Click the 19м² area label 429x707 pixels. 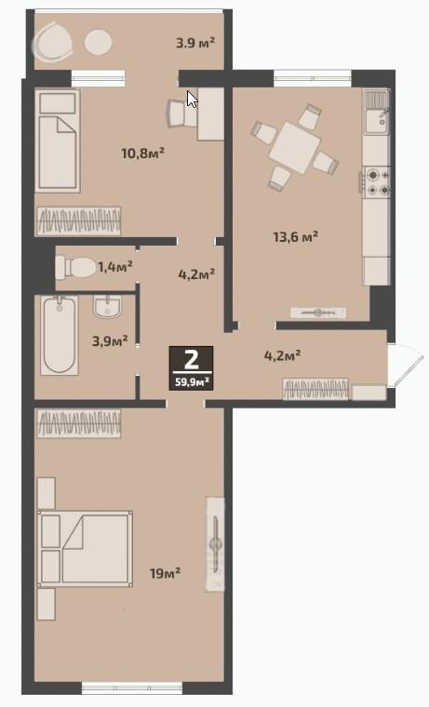click(165, 573)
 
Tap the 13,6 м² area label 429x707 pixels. click(296, 236)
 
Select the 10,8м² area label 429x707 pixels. click(142, 153)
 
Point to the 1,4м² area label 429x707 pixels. click(115, 267)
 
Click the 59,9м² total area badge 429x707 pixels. click(192, 368)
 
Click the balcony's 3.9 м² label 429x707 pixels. click(195, 43)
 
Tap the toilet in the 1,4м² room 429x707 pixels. click(74, 268)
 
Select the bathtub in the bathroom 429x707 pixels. click(60, 335)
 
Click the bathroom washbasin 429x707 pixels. click(107, 307)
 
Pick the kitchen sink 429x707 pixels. click(377, 112)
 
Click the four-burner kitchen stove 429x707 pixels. click(377, 181)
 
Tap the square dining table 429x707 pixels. click(295, 148)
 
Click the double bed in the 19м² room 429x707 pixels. click(85, 548)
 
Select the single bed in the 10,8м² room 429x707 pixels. click(58, 140)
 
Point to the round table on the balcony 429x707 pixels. click(98, 43)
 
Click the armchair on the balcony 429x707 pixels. click(53, 42)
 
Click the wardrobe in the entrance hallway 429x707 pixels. click(315, 389)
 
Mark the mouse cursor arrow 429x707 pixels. click(192, 100)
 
